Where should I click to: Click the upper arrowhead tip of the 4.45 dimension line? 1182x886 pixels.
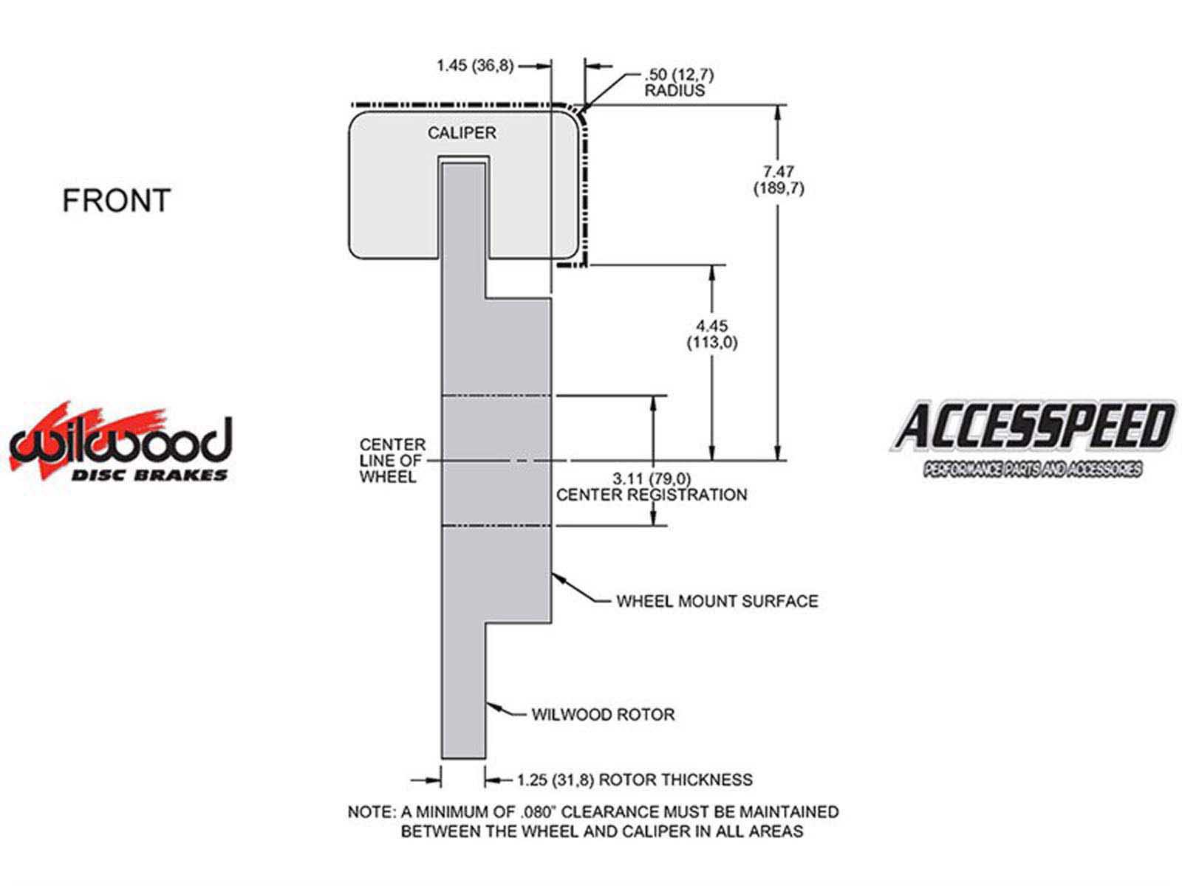[x=711, y=266]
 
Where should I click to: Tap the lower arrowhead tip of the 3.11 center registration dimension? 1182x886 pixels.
[x=654, y=526]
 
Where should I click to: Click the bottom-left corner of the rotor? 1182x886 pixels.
[x=442, y=758]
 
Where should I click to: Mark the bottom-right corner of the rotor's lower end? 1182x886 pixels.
[x=485, y=758]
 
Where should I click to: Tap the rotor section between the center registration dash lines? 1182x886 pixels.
[x=496, y=461]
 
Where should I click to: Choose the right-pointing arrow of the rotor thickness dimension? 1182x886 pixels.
[x=426, y=780]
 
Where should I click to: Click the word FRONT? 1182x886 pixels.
[x=117, y=200]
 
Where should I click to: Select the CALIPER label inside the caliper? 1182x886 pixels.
[x=462, y=133]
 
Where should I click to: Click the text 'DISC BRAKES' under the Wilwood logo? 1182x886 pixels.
[x=150, y=475]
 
